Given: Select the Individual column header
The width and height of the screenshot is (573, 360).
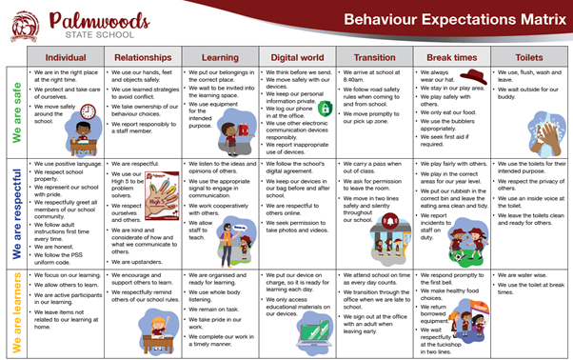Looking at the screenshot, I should [65, 56].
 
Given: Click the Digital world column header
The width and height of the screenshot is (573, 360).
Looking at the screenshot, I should [297, 56].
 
